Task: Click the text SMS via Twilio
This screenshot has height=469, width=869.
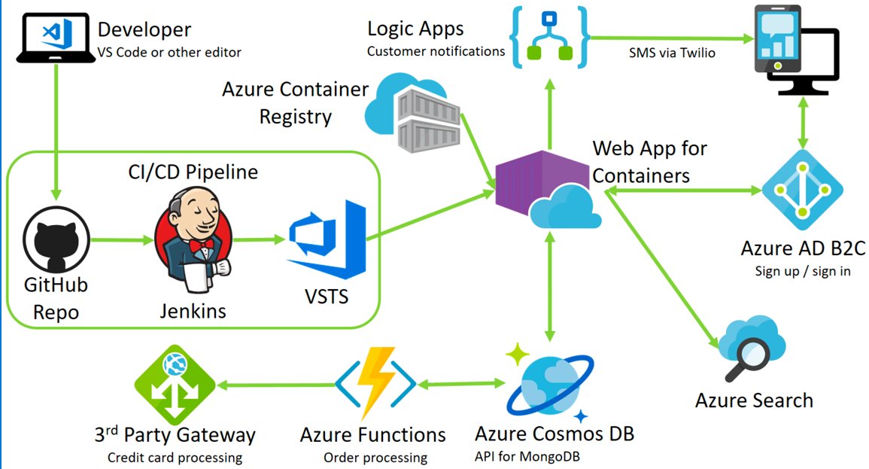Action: point(672,53)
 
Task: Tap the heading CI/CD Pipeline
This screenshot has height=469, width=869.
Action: point(193,172)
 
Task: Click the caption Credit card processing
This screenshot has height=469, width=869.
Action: point(175,457)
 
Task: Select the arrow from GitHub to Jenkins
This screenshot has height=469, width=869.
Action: point(120,241)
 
